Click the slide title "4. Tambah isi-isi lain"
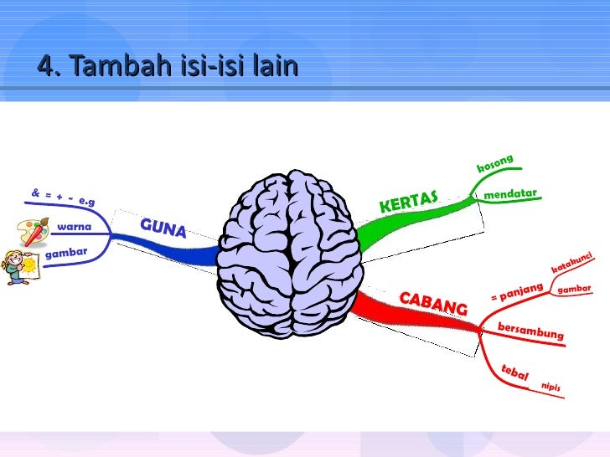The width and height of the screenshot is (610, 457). (x=168, y=64)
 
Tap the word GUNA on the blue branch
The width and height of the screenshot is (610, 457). (x=163, y=227)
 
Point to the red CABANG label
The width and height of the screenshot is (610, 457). (x=432, y=303)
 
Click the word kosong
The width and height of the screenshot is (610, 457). (x=494, y=164)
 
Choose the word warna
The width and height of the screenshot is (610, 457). (x=74, y=227)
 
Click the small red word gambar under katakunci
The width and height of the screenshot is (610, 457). (x=575, y=289)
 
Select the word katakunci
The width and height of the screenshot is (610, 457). (x=572, y=262)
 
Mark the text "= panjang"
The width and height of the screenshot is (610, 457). (x=517, y=292)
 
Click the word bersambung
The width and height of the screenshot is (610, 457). (x=530, y=331)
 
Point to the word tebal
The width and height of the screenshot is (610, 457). (x=514, y=372)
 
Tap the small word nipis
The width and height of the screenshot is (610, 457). (x=551, y=387)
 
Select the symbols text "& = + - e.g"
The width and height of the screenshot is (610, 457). (x=63, y=198)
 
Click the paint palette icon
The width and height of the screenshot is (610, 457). (x=33, y=230)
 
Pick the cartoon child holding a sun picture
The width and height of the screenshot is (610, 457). (x=18, y=267)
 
